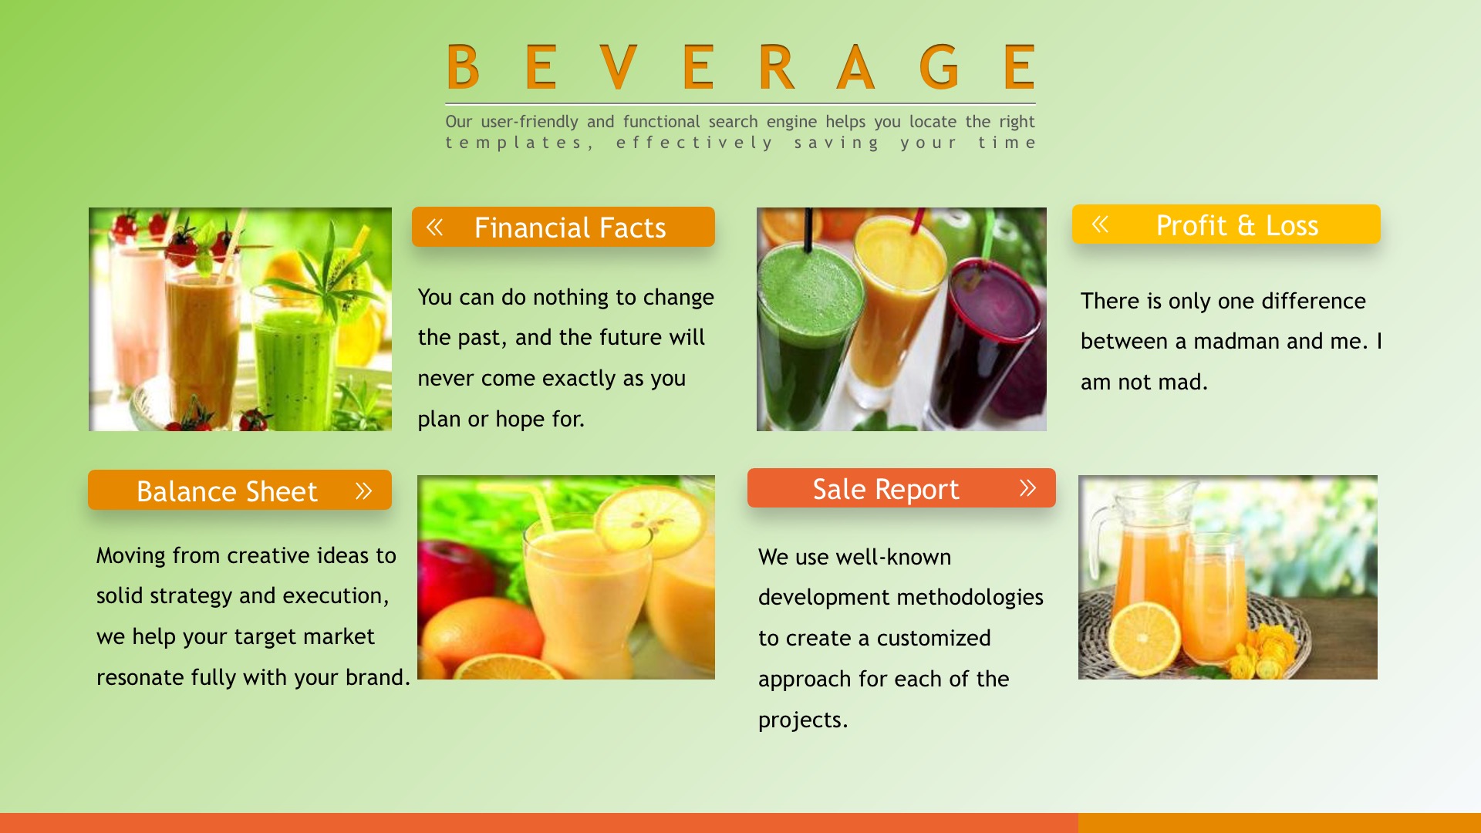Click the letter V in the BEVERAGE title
click(x=618, y=67)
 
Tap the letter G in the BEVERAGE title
click(x=939, y=67)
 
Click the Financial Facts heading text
click(x=570, y=228)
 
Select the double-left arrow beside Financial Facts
click(x=435, y=227)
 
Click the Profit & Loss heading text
click(x=1237, y=225)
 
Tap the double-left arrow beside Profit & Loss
click(x=1100, y=224)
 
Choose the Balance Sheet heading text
click(x=227, y=491)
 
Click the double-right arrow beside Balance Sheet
click(x=363, y=491)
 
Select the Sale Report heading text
click(x=886, y=489)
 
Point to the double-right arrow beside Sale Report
click(x=1027, y=487)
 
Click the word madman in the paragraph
click(x=1236, y=341)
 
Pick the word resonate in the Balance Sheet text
click(x=140, y=678)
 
